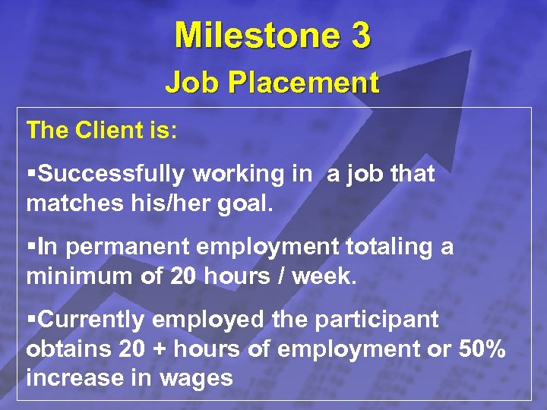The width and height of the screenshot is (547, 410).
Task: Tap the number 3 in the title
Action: [x=359, y=36]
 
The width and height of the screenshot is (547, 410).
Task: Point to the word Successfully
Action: [x=112, y=175]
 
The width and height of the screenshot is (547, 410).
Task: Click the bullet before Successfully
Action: [x=31, y=175]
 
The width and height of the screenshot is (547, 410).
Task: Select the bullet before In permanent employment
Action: [x=31, y=248]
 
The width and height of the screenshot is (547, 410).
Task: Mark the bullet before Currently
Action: [x=31, y=320]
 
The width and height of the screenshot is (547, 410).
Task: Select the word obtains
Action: [x=63, y=348]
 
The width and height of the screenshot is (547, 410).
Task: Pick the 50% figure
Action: [x=483, y=348]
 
